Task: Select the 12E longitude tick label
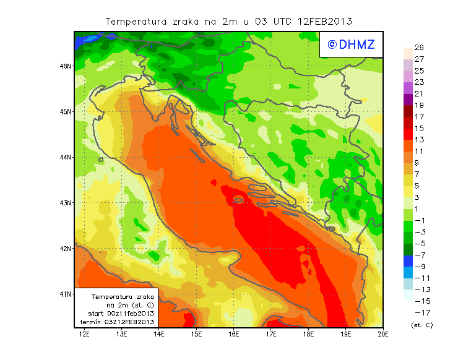(84, 335)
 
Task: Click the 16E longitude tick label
(234, 335)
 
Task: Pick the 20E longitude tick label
(383, 335)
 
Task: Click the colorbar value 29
(419, 48)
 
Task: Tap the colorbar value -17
(421, 312)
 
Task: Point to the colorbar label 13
(419, 140)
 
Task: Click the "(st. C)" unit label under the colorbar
(421, 325)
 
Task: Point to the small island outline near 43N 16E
(238, 200)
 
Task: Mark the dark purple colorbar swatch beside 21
(407, 100)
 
